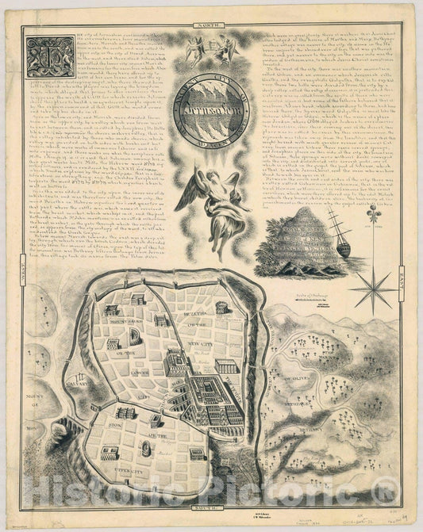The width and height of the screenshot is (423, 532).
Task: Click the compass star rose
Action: tap(372, 289)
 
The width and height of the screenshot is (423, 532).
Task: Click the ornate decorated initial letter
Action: tap(50, 56)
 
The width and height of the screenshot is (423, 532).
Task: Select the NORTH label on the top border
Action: tap(211, 29)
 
